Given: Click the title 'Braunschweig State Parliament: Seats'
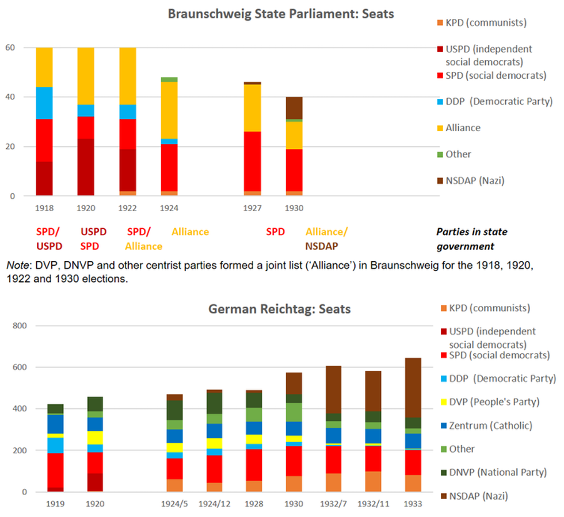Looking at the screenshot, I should click(x=281, y=13).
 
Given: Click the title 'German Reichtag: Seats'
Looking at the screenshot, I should click(x=279, y=309).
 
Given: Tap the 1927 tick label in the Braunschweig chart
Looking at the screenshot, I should click(x=252, y=208).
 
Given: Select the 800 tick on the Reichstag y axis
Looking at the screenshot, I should click(x=19, y=326).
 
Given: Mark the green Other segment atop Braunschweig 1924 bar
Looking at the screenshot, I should click(x=169, y=79).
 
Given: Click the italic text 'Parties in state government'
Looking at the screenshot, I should click(x=471, y=239).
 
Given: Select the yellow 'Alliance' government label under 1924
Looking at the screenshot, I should click(x=190, y=232).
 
